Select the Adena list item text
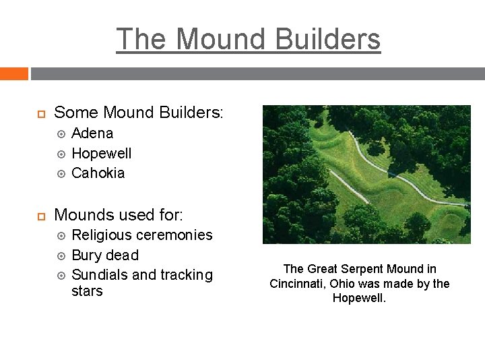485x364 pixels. pos(92,133)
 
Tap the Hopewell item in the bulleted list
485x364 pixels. pos(101,154)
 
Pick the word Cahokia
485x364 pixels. pos(98,173)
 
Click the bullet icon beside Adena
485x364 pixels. pos(61,133)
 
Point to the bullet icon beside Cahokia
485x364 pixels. pos(61,173)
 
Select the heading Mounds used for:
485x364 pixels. pos(119,215)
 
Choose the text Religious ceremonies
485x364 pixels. pos(141,235)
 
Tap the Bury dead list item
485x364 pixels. pos(105,255)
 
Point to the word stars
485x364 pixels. pos(87,291)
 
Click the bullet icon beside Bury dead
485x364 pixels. pos(61,255)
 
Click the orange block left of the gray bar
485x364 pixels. pos(13,73)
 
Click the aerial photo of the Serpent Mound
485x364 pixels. pos(366,174)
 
